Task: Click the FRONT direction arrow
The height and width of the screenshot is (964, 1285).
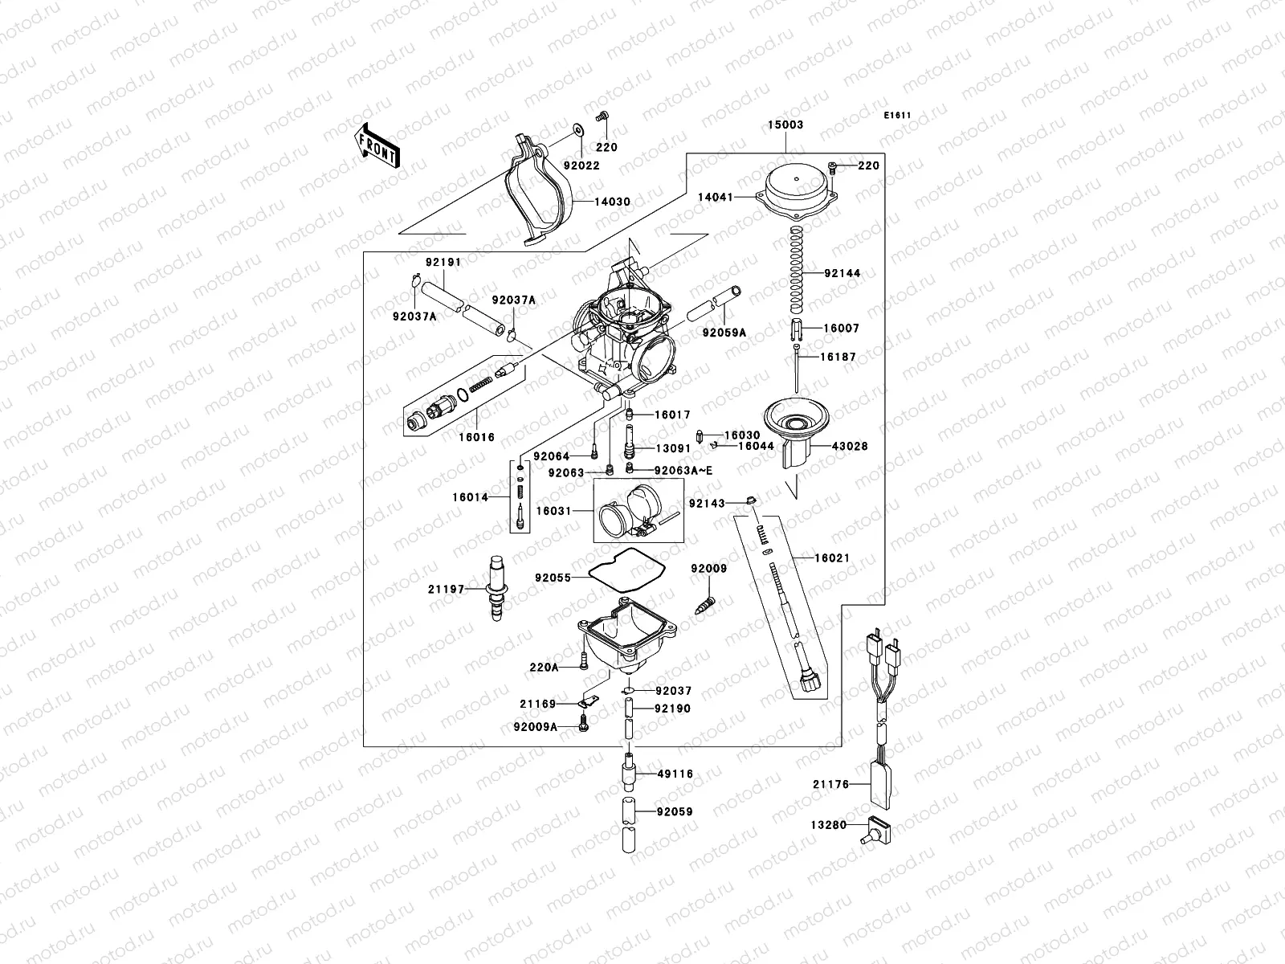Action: (377, 145)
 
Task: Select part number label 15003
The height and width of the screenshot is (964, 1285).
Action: (785, 125)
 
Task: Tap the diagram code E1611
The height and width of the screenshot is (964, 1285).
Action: (897, 116)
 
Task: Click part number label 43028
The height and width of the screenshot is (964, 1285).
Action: (850, 446)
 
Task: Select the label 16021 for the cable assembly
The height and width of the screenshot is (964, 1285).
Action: (832, 558)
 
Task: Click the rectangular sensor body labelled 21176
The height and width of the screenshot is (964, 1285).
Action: (882, 784)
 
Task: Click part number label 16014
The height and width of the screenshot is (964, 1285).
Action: (470, 497)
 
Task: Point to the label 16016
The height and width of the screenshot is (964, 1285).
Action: (476, 438)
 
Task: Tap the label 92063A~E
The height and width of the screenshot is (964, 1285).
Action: (683, 471)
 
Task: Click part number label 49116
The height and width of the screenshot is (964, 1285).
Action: (675, 774)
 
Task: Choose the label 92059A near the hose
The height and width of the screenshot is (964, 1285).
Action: (724, 332)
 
